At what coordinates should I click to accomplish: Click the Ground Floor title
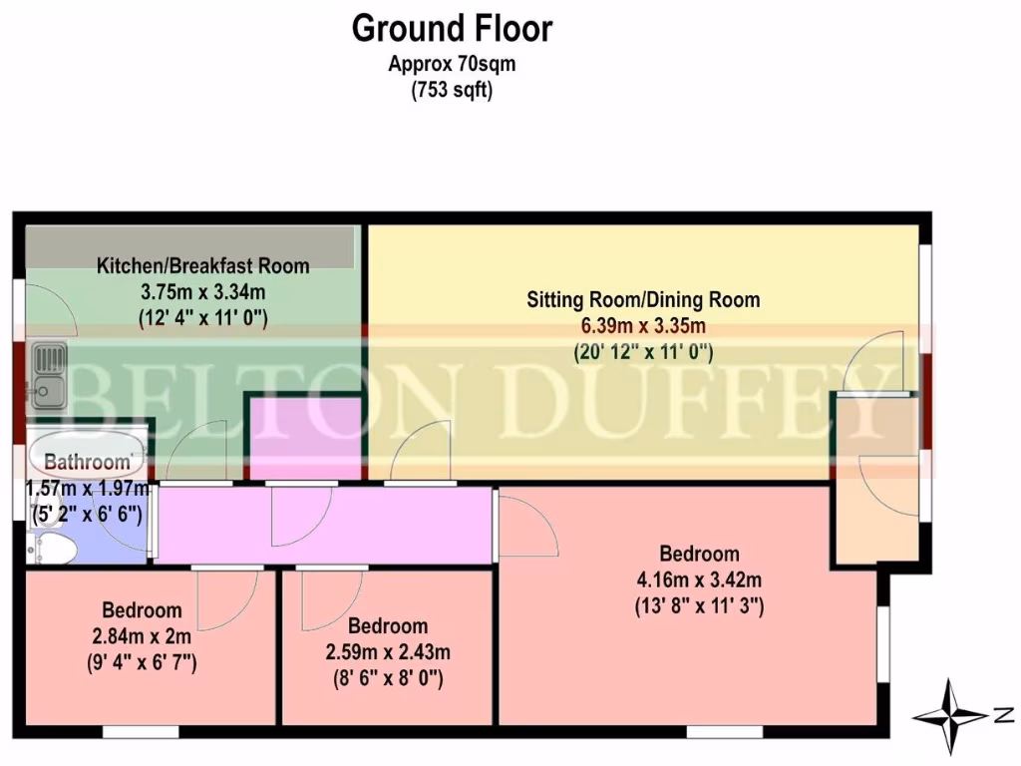coord(452,29)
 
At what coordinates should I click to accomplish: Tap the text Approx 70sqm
coord(452,65)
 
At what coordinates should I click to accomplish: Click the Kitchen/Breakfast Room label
coord(202,266)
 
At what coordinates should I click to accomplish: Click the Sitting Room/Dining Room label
coord(643,299)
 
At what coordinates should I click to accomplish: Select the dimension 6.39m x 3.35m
coord(643,326)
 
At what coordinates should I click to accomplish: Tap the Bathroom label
coord(88,462)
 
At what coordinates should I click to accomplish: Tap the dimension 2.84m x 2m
coord(142,635)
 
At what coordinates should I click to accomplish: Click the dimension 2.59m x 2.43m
coord(387,653)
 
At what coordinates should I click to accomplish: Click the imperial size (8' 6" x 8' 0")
coord(387,679)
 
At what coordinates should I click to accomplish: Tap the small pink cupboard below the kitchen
coord(304,439)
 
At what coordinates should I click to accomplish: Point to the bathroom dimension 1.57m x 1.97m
coord(86,489)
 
